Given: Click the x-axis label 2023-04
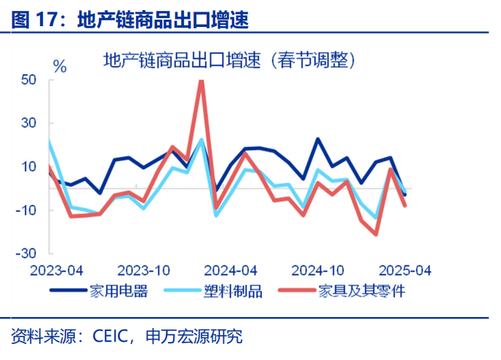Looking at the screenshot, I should tap(56, 270).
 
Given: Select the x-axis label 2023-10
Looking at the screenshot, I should tap(143, 270).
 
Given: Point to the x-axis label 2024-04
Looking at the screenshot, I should tap(231, 270).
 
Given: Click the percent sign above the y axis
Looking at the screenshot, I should tap(60, 67).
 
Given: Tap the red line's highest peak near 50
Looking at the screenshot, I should tap(201, 81).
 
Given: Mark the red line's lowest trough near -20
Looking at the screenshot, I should tap(376, 233).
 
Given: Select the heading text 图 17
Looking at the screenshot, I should tap(33, 20).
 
